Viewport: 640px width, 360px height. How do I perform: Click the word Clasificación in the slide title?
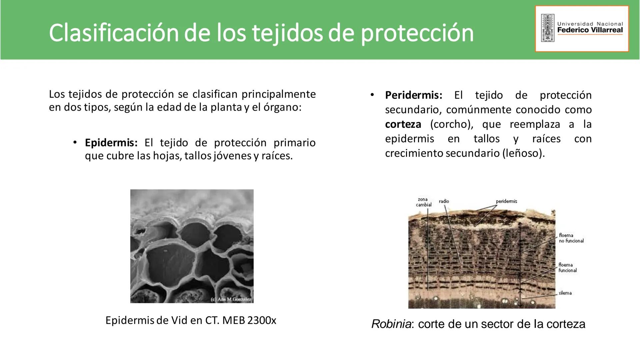[x=113, y=33]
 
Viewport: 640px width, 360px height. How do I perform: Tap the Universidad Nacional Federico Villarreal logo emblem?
[x=547, y=28]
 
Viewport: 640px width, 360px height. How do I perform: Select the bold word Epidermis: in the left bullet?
[x=111, y=143]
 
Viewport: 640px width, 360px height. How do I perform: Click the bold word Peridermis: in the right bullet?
[x=413, y=95]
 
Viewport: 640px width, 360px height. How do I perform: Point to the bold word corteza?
[x=403, y=124]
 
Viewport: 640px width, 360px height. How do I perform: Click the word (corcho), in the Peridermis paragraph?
[x=452, y=124]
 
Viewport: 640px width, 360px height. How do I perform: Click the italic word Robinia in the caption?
[x=391, y=324]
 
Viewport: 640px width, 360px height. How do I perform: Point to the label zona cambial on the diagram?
[x=423, y=202]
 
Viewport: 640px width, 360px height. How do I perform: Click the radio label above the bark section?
[x=444, y=201]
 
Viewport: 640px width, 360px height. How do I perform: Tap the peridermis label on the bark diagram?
[x=506, y=201]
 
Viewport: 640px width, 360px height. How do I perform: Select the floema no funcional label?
[x=571, y=238]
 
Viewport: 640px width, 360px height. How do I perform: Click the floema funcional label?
[x=567, y=268]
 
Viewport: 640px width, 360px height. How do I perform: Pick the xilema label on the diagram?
[x=565, y=293]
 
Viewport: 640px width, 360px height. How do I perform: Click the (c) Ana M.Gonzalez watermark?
[x=231, y=299]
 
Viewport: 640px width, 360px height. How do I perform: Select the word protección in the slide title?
[x=417, y=33]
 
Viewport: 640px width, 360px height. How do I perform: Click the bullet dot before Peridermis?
[x=372, y=95]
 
